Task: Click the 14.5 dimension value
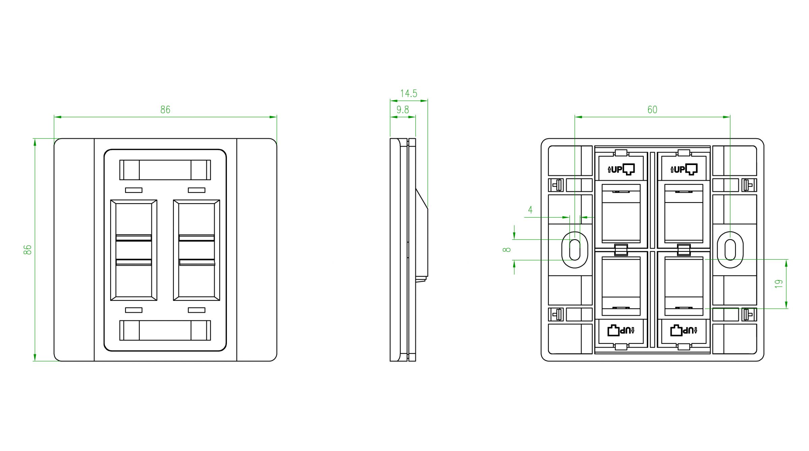pos(409,93)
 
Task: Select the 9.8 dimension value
pos(402,109)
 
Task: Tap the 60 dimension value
pos(652,109)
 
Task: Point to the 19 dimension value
pos(779,284)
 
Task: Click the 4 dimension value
pos(530,210)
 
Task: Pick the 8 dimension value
pos(507,250)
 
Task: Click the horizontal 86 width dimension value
pos(165,109)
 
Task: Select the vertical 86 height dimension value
pos(27,250)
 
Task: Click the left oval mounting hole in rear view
pos(575,250)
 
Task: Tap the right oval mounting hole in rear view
pos(730,250)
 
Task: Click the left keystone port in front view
pos(134,250)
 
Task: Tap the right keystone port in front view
pos(197,250)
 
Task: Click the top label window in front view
pos(165,170)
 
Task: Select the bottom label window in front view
pos(165,330)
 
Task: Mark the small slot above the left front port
pos(134,190)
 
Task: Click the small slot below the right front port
pos(197,310)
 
